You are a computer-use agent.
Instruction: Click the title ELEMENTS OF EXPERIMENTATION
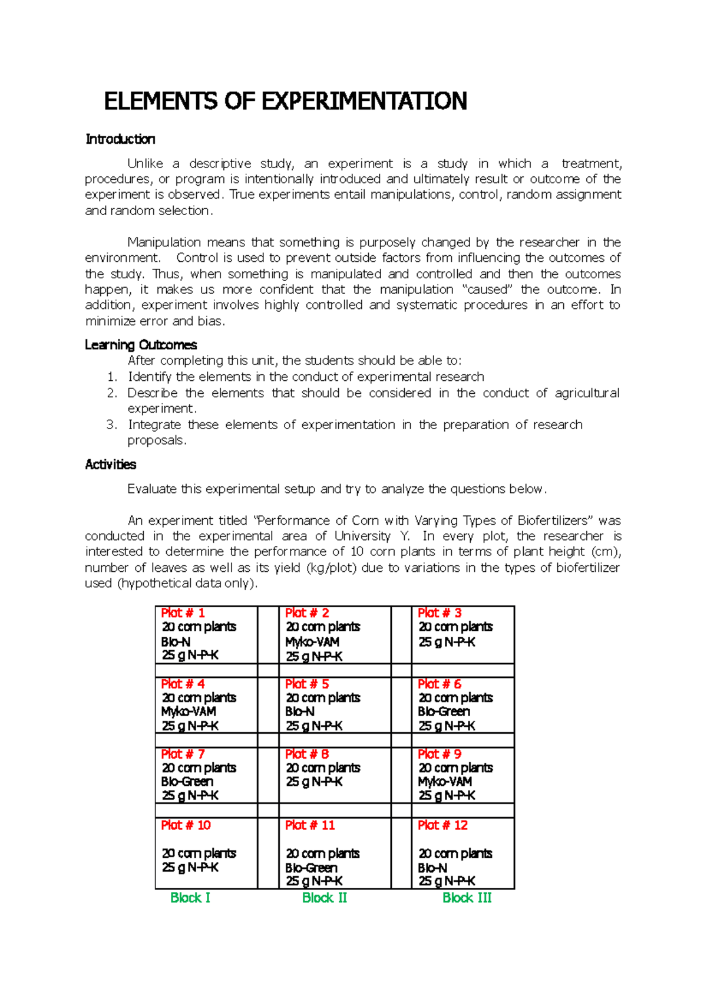pyautogui.click(x=285, y=101)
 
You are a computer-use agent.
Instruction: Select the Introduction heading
pyautogui.click(x=120, y=139)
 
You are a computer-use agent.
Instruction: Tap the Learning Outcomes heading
pyautogui.click(x=141, y=345)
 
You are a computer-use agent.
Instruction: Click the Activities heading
pyautogui.click(x=110, y=465)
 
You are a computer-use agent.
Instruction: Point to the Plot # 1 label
pyautogui.click(x=183, y=613)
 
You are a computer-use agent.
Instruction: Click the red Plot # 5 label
pyautogui.click(x=307, y=684)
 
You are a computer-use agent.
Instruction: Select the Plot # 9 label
pyautogui.click(x=440, y=754)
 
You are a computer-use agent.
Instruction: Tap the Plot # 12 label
pyautogui.click(x=442, y=825)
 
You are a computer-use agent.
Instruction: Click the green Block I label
pyautogui.click(x=190, y=898)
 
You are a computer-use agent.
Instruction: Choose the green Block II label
pyautogui.click(x=324, y=898)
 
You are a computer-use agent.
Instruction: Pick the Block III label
pyautogui.click(x=467, y=898)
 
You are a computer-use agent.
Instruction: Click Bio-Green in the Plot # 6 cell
pyautogui.click(x=444, y=712)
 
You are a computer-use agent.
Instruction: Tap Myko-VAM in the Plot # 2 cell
pyautogui.click(x=312, y=642)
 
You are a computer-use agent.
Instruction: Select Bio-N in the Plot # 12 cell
pyautogui.click(x=432, y=868)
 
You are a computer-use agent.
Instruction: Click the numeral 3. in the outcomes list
pyautogui.click(x=112, y=424)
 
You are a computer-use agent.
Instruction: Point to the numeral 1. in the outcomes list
pyautogui.click(x=112, y=377)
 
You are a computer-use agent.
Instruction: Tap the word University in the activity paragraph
pyautogui.click(x=362, y=536)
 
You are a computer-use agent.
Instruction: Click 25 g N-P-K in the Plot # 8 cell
pyautogui.click(x=314, y=782)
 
